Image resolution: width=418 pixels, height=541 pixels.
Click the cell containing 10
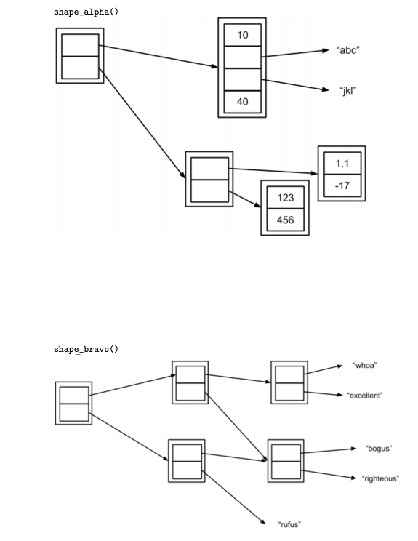242,35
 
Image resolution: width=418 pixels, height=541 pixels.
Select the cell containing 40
242,101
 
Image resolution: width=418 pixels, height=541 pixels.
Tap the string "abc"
348,50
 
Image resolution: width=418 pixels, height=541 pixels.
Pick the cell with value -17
341,185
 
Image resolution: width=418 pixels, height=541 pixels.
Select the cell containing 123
285,198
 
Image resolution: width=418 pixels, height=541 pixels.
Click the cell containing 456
285,219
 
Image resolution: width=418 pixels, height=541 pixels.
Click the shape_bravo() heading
86,349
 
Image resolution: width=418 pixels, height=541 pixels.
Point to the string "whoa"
364,365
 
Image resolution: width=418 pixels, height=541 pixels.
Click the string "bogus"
378,448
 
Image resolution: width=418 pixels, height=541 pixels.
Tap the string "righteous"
379,478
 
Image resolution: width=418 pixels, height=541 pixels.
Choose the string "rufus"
289,524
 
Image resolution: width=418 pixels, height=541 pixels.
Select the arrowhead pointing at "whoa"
338,366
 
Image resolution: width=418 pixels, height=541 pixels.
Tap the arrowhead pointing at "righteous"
354,478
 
